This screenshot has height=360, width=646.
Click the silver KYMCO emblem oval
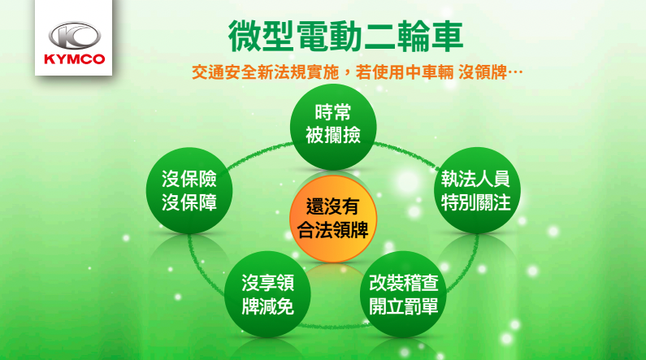[74, 36]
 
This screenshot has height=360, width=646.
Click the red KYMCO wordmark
[74, 59]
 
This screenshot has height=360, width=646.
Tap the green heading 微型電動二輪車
[345, 37]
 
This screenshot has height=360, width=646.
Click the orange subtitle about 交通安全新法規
[358, 73]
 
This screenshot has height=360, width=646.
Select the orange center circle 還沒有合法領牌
[333, 219]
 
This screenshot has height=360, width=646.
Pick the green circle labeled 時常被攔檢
[333, 127]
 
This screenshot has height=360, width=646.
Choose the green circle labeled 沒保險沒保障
[189, 190]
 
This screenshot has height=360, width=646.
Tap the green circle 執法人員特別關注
[477, 190]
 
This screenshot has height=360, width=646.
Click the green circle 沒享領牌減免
[267, 294]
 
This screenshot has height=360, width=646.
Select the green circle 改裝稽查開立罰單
[403, 294]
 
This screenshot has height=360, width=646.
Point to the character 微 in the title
[245, 37]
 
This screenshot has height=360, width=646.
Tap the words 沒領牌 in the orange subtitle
[483, 73]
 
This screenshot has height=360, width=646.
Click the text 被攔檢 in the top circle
[333, 135]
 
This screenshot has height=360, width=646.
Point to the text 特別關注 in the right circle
[476, 202]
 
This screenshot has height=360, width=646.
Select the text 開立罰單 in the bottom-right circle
[403, 306]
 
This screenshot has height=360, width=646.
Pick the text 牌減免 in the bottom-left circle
[268, 306]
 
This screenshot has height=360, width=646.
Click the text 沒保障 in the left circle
[189, 202]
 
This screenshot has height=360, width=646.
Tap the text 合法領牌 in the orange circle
[333, 230]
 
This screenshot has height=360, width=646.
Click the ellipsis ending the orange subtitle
[515, 73]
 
